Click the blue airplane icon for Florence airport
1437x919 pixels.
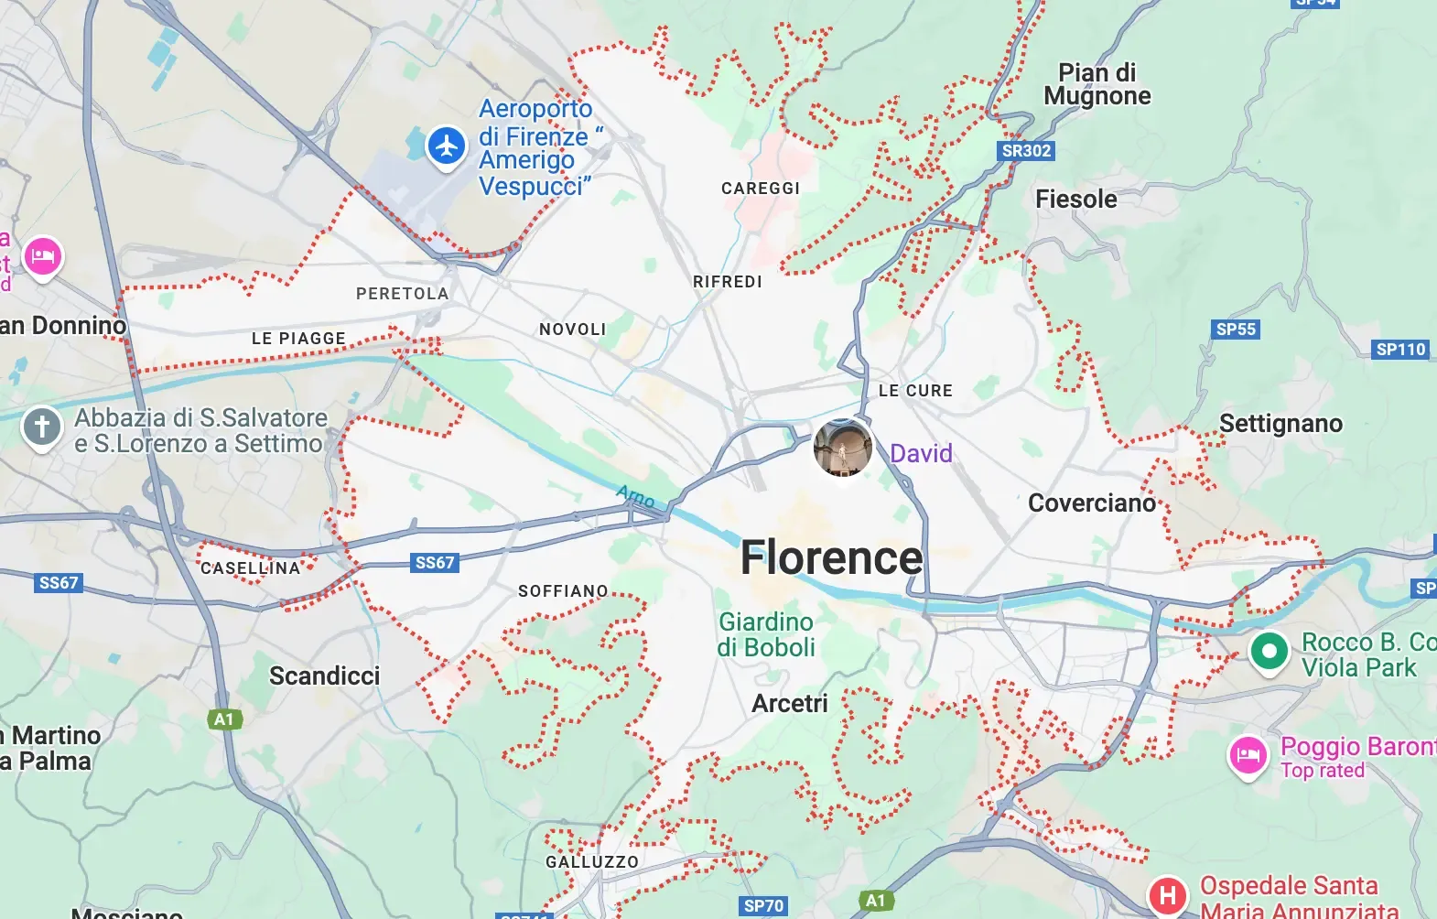tap(447, 146)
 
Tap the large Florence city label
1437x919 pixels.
tap(831, 557)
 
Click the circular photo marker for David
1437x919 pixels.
tap(843, 447)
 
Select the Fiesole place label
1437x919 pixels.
tap(1075, 200)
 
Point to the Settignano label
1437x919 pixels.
tap(1280, 424)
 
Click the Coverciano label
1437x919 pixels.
tap(1091, 503)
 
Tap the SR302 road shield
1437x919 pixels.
tap(1026, 151)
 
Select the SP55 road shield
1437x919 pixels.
tap(1236, 330)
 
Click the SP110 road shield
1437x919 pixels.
tap(1400, 350)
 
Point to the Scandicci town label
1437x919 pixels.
tap(324, 676)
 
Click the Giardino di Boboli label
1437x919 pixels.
tap(765, 634)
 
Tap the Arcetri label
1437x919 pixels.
tap(789, 704)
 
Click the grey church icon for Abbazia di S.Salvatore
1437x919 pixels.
tap(42, 427)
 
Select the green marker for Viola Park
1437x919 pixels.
tap(1269, 652)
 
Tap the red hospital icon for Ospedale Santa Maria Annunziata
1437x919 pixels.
tap(1168, 894)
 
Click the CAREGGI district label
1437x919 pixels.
tap(761, 189)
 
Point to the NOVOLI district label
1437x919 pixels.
tap(572, 330)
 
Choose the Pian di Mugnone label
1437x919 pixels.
tap(1097, 84)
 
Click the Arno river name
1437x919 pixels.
tap(635, 497)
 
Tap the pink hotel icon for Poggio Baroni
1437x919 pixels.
tap(1248, 755)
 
